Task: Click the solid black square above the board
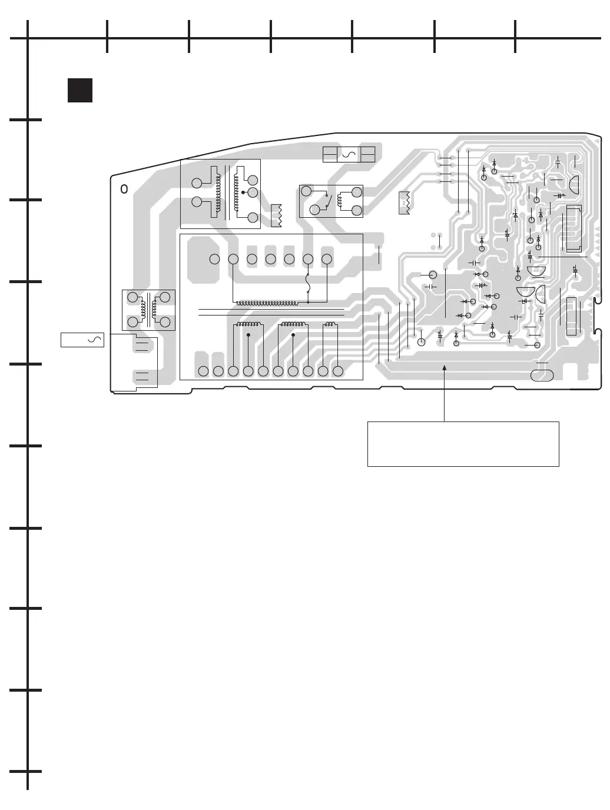(x=80, y=90)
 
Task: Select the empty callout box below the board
(x=463, y=444)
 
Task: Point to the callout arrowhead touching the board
(x=445, y=367)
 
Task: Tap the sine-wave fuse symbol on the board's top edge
(x=349, y=155)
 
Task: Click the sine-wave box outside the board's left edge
(x=82, y=340)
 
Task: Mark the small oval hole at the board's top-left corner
(x=124, y=189)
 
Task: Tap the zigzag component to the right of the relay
(x=404, y=202)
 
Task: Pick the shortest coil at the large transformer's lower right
(x=330, y=324)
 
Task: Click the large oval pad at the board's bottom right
(x=542, y=375)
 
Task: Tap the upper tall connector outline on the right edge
(x=573, y=229)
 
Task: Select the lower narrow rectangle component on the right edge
(x=571, y=317)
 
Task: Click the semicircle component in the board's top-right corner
(x=573, y=184)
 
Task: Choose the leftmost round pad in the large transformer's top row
(x=215, y=259)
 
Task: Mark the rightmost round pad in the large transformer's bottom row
(x=337, y=371)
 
